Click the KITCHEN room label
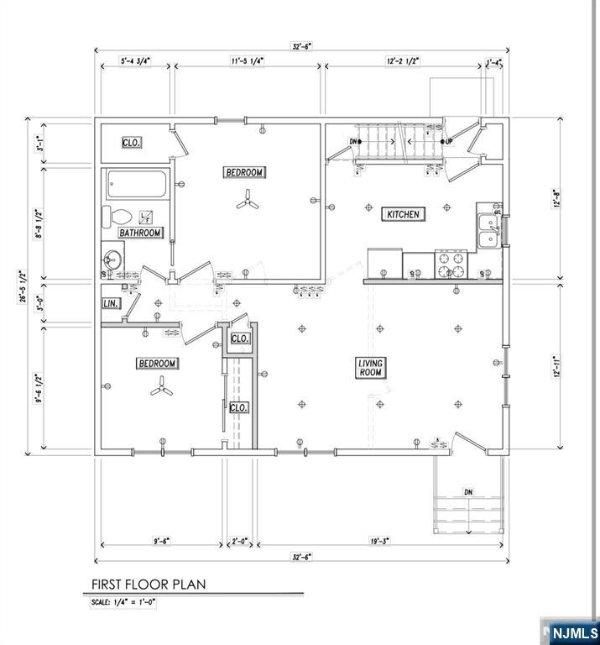(403, 214)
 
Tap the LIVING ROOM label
(371, 367)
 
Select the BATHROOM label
(139, 233)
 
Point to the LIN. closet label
(110, 303)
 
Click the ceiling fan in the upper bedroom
(244, 200)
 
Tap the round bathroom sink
(112, 256)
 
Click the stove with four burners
(449, 265)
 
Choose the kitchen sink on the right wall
(488, 232)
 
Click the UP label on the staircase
(449, 141)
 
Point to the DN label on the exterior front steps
(468, 492)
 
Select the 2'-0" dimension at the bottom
(240, 542)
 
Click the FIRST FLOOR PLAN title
(149, 584)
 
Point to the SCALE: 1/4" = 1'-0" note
(123, 602)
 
